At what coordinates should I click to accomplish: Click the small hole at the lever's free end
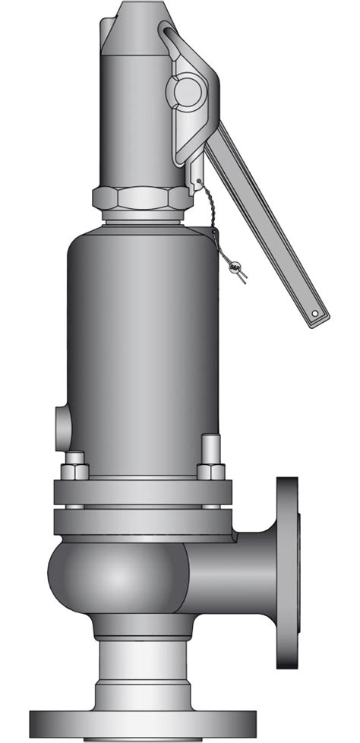pos(314,312)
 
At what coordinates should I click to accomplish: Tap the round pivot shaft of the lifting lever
pos(185,91)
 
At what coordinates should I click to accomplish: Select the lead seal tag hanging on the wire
pos(235,268)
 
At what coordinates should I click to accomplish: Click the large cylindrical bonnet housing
pos(142,342)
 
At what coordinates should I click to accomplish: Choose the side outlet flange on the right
pos(287,572)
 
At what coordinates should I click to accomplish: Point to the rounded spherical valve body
pos(114,577)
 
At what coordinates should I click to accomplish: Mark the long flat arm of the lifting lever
pos(266,228)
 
